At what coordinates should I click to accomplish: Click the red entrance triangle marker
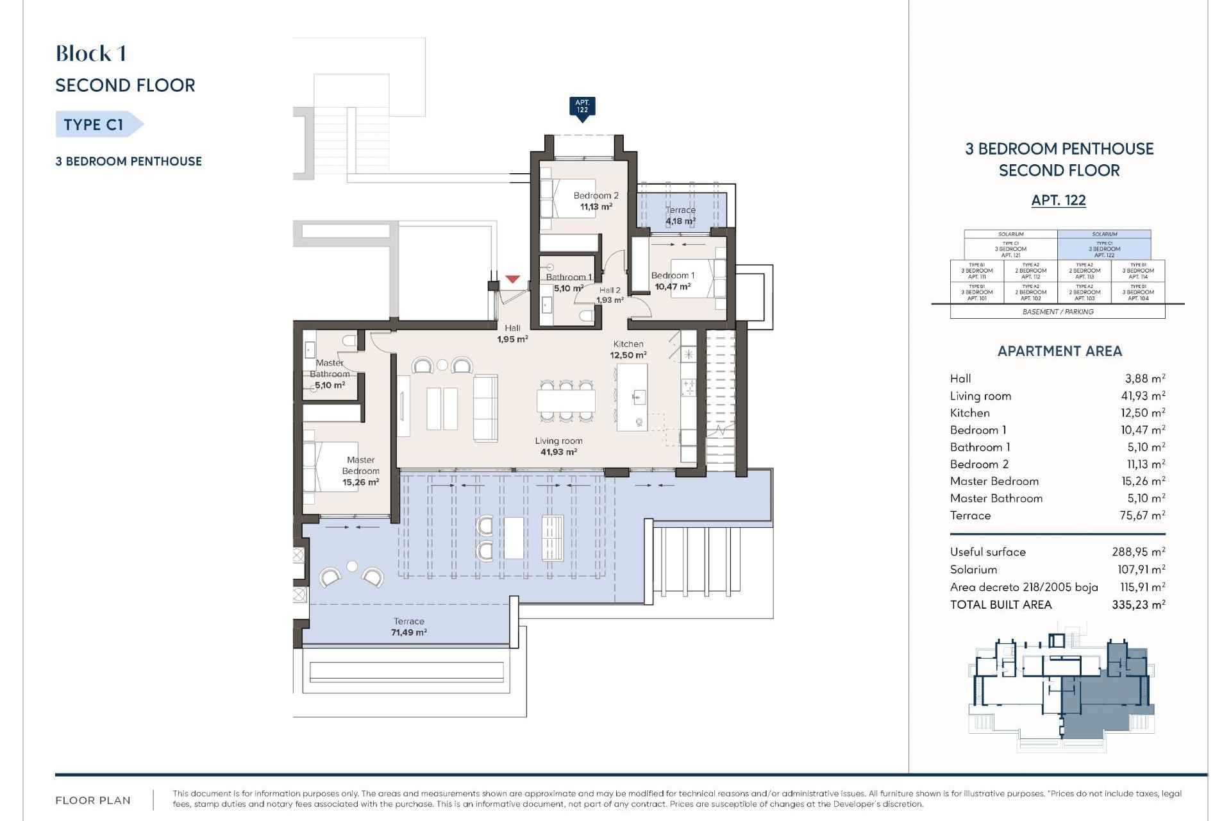point(512,280)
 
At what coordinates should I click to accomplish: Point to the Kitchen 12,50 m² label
point(628,350)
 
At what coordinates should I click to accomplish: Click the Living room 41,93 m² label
point(558,446)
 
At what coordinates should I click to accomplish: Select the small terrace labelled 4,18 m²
point(680,216)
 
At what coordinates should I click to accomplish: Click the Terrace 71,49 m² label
point(409,627)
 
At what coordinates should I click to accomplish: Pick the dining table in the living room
point(566,401)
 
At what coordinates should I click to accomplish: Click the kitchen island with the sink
point(632,398)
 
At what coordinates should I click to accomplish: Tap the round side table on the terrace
point(352,566)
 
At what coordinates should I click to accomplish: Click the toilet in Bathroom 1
point(585,314)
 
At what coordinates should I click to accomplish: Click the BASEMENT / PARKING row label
point(1058,312)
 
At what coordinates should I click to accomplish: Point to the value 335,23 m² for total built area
point(1138,604)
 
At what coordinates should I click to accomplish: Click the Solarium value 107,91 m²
point(1141,569)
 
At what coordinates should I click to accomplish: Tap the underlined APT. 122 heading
point(1059,200)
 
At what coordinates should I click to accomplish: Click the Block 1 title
point(91,54)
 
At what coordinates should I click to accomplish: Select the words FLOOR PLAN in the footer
point(93,800)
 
